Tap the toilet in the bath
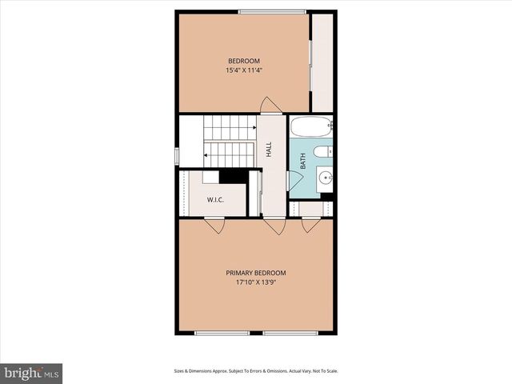click(322, 152)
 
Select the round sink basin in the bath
click(326, 178)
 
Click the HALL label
click(270, 149)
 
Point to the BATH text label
click(303, 161)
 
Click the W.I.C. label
click(215, 199)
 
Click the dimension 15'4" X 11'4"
click(244, 70)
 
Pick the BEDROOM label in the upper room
click(244, 61)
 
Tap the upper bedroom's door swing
click(271, 105)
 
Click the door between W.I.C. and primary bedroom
click(214, 225)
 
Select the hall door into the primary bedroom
click(274, 226)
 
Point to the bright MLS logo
click(31, 373)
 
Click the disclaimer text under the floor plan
click(255, 371)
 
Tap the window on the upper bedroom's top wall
click(271, 11)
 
